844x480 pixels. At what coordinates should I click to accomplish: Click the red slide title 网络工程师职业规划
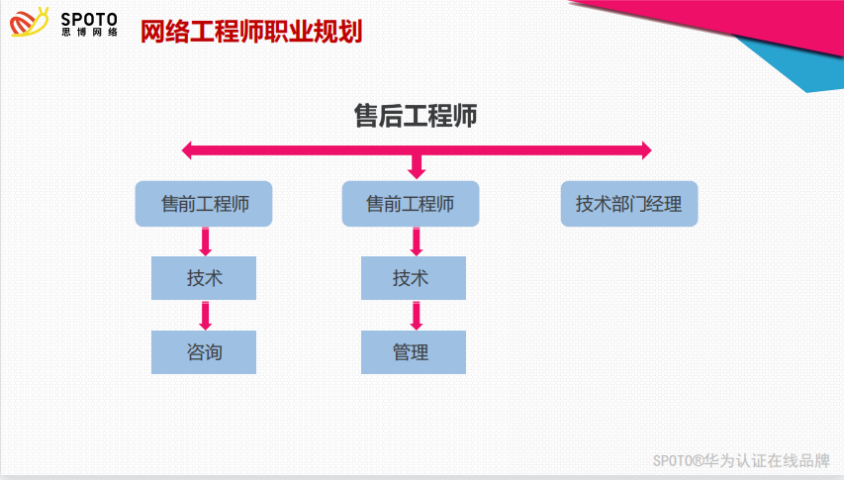point(250,32)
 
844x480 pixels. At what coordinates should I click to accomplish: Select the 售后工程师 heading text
point(416,116)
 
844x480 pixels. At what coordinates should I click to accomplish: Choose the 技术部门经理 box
point(628,204)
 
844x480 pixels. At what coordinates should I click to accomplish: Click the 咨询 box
point(204,352)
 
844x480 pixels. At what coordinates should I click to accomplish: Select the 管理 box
point(413,352)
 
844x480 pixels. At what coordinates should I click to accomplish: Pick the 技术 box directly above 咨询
point(204,278)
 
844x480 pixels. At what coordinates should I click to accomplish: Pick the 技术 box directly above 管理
point(413,278)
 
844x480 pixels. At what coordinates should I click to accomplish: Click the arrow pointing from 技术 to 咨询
point(206,315)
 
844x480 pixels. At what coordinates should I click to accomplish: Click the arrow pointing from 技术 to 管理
point(417,315)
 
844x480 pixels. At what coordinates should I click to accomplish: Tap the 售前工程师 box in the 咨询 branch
point(204,204)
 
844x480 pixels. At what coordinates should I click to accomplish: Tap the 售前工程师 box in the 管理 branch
point(411,204)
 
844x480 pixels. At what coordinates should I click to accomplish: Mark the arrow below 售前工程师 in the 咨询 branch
point(206,241)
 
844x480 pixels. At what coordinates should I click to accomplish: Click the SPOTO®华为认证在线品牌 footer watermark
point(741,460)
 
